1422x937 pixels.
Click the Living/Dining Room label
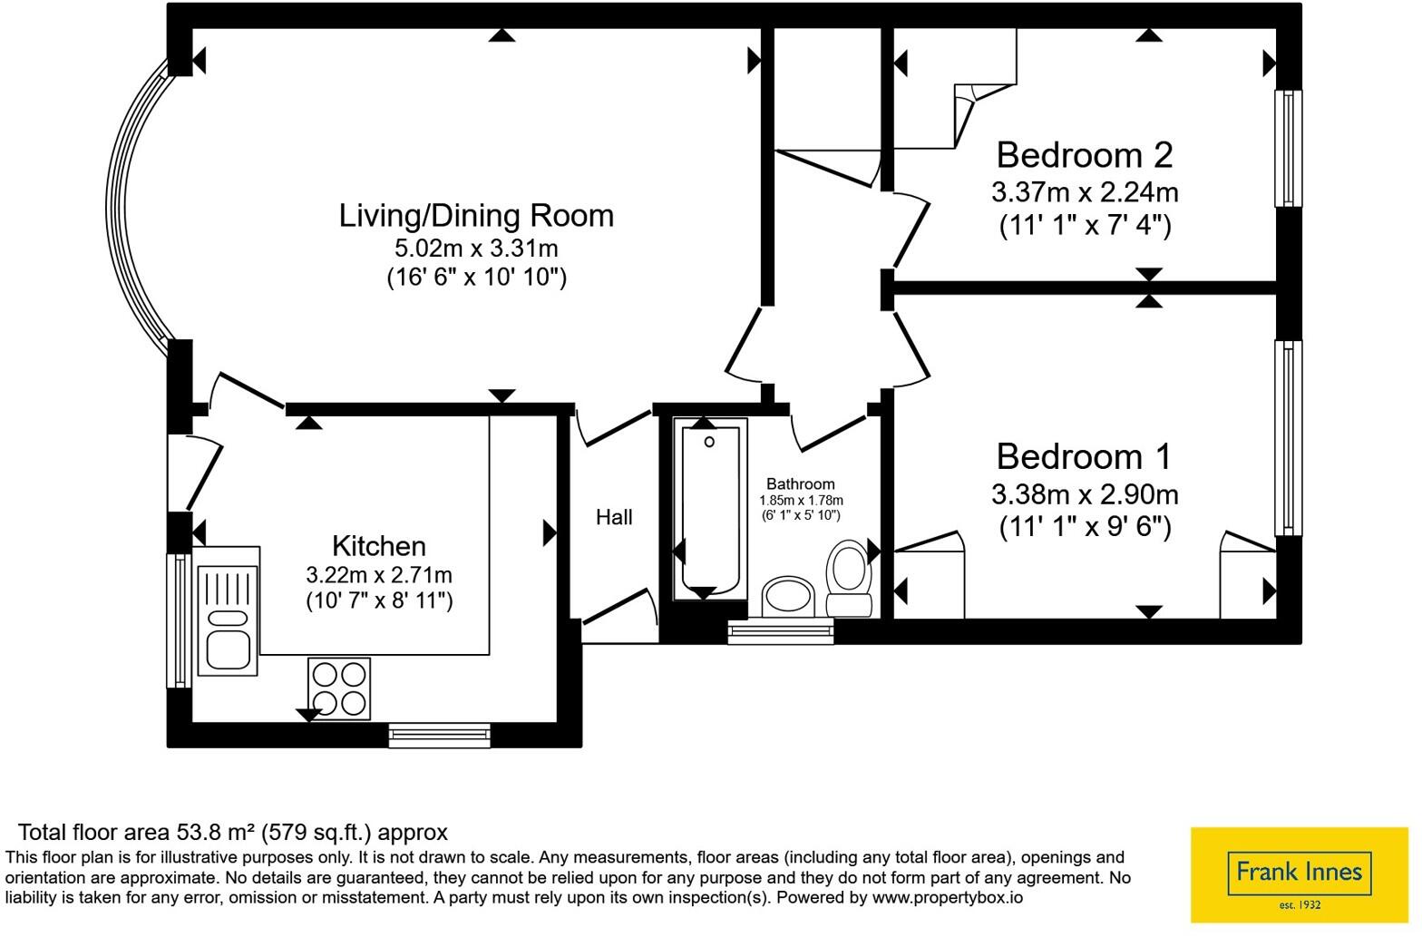point(476,216)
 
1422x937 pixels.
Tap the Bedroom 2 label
point(1085,155)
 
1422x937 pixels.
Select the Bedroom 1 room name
point(1084,456)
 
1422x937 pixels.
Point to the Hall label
point(614,517)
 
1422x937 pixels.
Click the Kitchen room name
point(379,546)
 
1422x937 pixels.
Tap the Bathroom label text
point(801,483)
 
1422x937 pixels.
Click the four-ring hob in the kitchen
point(339,688)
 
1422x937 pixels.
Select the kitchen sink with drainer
point(228,611)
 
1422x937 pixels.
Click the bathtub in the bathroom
point(710,509)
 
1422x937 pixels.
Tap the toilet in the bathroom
point(850,578)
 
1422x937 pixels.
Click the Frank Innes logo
point(1300,874)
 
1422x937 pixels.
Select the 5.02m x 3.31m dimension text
point(476,248)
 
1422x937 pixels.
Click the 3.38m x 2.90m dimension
point(1085,494)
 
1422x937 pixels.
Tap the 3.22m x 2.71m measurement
point(379,575)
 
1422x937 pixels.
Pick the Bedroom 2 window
point(1288,149)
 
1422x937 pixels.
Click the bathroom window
point(780,631)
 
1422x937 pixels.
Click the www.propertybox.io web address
point(947,898)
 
